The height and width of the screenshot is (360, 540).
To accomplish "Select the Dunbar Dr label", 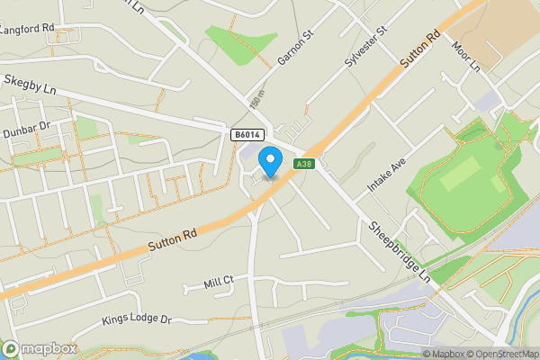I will [24, 131].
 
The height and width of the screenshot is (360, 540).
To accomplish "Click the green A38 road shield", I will [304, 163].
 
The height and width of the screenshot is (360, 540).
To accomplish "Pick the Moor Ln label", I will [467, 57].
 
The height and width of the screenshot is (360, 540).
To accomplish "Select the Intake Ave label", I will [387, 174].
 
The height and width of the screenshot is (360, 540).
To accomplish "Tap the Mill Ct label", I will [219, 283].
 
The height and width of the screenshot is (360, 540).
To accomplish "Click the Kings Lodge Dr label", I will [136, 319].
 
